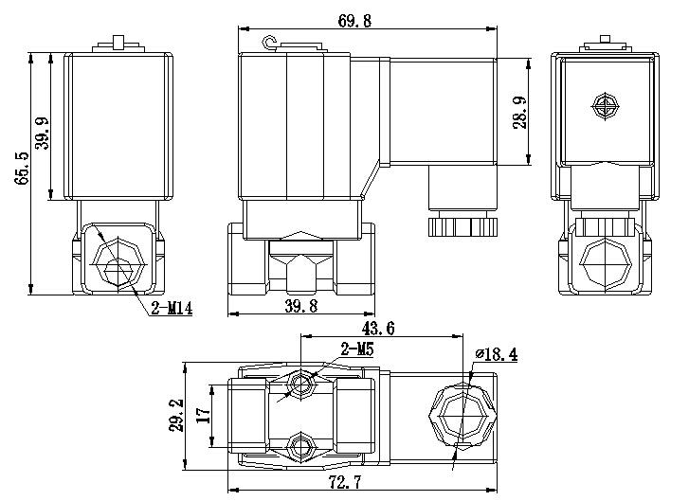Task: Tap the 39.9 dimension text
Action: click(x=43, y=125)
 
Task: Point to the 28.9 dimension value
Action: click(x=518, y=113)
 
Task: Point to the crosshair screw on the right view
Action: click(x=604, y=106)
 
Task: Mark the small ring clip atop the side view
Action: click(x=268, y=42)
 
